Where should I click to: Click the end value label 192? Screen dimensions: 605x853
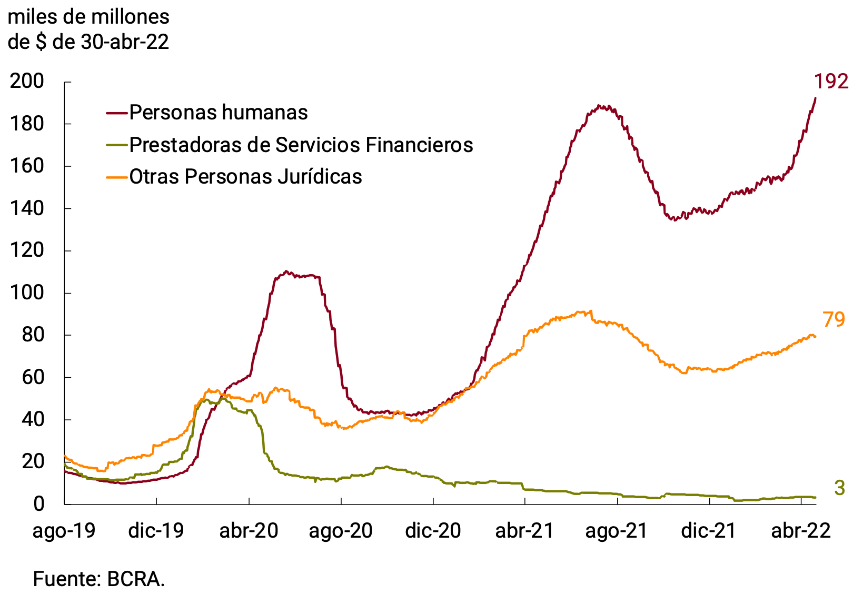pos(831,82)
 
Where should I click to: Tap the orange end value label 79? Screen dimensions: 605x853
pos(834,319)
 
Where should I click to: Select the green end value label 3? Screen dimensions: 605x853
pos(839,488)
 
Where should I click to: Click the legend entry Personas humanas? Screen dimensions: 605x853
pos(218,113)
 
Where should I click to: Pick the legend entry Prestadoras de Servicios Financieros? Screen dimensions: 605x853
pos(301,145)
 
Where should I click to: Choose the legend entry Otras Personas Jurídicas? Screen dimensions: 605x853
pos(245,177)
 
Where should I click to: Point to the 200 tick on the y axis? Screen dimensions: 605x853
pos(27,82)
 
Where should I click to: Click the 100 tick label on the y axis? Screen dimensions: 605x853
pos(27,293)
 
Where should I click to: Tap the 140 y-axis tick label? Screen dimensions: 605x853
pos(27,208)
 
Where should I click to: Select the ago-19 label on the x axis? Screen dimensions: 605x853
pos(64,530)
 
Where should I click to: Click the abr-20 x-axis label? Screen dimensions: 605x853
pos(249,530)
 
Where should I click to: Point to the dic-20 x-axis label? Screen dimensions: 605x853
pos(433,530)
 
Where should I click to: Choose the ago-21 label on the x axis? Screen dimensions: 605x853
pos(617,530)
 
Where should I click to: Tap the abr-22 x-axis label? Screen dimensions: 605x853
pos(801,530)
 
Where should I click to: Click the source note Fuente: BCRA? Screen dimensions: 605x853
pos(99,579)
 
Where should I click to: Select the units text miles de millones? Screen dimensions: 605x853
pos(88,17)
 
